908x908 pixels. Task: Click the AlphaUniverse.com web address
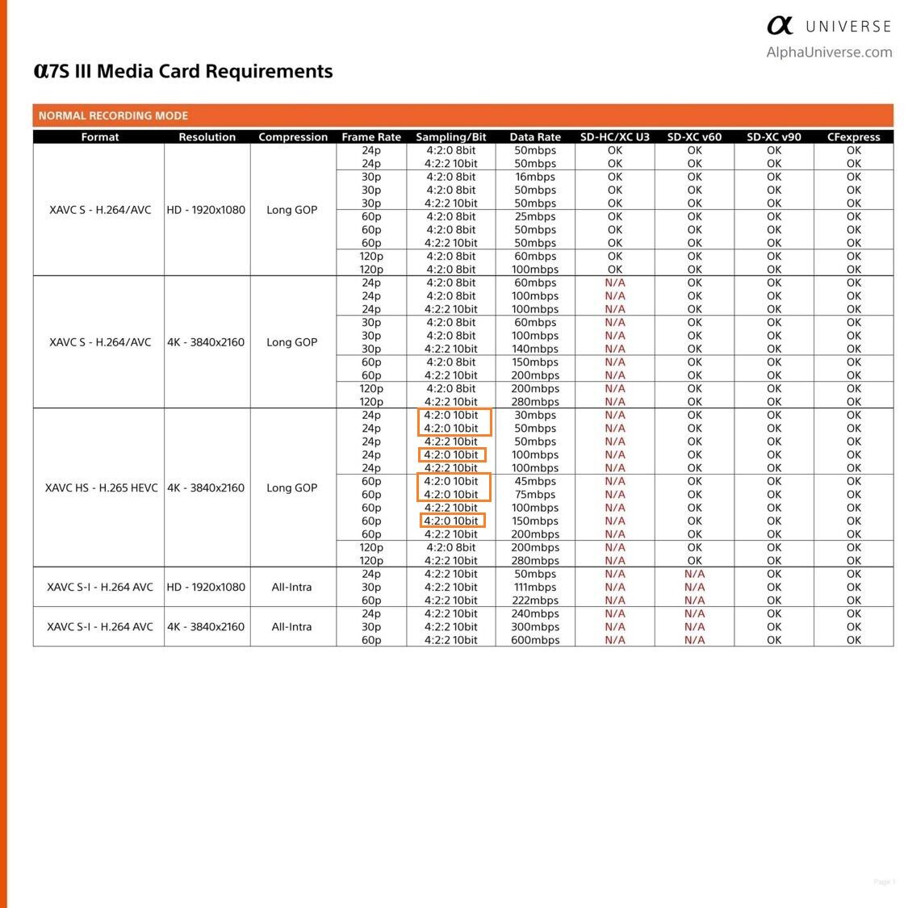click(829, 52)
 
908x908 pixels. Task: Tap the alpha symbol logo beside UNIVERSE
click(780, 26)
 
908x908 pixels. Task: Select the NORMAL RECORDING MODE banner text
click(113, 115)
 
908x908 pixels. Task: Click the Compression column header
click(293, 137)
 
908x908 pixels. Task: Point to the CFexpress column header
click(853, 137)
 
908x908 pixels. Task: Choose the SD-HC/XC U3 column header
click(614, 137)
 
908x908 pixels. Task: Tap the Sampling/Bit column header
click(451, 137)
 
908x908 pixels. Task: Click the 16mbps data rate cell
click(535, 177)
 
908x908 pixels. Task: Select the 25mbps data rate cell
click(535, 216)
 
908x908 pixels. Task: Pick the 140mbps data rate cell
click(535, 349)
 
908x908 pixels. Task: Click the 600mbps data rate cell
click(535, 640)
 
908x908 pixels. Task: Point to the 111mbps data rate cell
click(535, 587)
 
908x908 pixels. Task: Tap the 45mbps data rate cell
click(535, 481)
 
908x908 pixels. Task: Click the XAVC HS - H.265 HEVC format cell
click(102, 487)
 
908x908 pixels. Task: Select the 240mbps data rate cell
click(535, 613)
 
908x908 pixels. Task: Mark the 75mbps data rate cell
click(535, 494)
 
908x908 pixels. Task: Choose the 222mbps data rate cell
click(535, 600)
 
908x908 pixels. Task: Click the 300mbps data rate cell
click(535, 626)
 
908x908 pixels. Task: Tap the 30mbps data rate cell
click(535, 415)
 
